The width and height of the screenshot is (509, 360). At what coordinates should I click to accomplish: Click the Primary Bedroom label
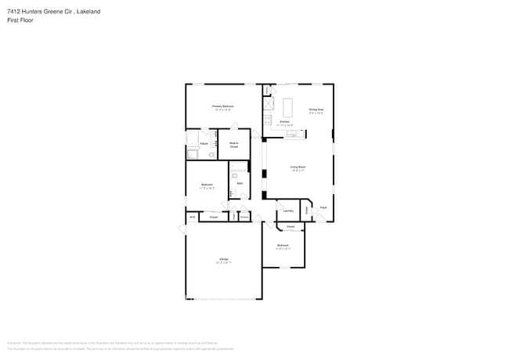tap(222, 106)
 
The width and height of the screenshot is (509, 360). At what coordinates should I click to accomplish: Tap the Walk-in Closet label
tap(233, 145)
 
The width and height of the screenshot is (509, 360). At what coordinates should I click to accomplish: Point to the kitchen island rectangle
tap(287, 106)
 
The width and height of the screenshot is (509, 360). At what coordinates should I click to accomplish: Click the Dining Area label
tap(316, 110)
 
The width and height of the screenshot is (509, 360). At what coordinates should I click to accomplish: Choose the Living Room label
tap(298, 167)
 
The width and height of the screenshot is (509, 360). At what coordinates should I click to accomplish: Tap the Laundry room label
tap(287, 211)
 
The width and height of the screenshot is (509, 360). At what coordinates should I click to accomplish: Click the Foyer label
tap(323, 207)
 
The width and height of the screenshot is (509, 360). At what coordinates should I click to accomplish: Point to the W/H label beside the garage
tap(192, 217)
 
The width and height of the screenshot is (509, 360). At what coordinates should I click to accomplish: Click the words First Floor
tap(19, 21)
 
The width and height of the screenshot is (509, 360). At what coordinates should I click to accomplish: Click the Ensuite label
tap(204, 145)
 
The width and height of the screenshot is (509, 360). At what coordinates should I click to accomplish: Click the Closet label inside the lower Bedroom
tap(290, 226)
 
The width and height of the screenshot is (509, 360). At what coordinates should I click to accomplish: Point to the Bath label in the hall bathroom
tap(240, 183)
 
